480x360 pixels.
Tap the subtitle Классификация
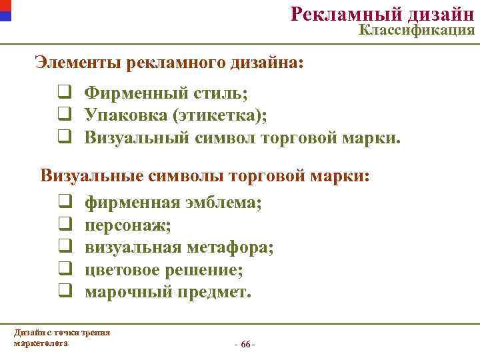(x=417, y=30)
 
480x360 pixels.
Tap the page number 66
(x=245, y=344)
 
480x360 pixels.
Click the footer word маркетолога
(x=41, y=343)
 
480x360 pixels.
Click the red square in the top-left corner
(x=5, y=5)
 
